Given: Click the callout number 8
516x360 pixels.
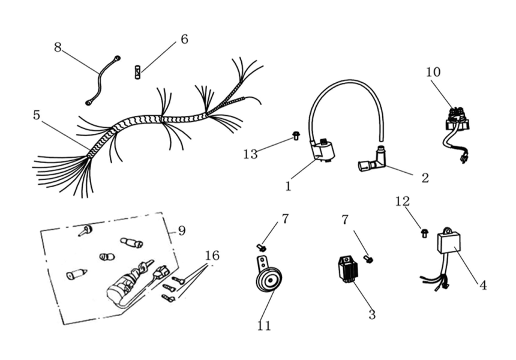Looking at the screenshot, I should click(x=58, y=47).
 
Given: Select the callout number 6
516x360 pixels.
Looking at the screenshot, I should click(x=184, y=40).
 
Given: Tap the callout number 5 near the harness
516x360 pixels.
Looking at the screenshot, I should click(x=37, y=115).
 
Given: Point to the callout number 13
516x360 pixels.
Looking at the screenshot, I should click(x=250, y=154).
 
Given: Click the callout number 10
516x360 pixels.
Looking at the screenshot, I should click(x=433, y=73).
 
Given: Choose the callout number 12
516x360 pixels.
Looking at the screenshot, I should click(x=402, y=202).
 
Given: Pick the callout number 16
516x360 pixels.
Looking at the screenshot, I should click(x=212, y=256).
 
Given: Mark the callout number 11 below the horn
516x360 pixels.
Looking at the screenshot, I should click(x=264, y=326).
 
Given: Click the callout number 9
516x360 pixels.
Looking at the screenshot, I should click(x=182, y=230).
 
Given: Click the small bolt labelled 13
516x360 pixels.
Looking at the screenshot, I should click(x=296, y=136).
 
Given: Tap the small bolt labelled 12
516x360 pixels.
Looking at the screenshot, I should click(x=425, y=232).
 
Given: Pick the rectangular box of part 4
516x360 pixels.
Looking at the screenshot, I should click(x=449, y=242).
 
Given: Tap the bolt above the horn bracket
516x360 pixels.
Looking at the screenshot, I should click(x=262, y=247).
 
